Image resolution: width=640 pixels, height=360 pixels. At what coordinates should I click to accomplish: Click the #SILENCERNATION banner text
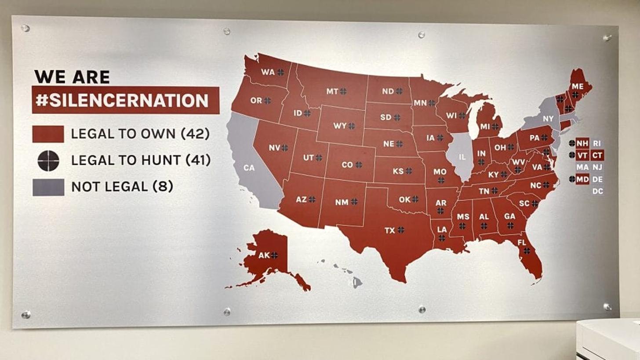point(122,100)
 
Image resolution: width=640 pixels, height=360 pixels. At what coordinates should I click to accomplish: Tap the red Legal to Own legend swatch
point(48,134)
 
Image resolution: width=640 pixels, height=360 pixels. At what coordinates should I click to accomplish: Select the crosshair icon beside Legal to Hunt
point(48,160)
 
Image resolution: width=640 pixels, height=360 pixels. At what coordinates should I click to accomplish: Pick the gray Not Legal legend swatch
point(48,187)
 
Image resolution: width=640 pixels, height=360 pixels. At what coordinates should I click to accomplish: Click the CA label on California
point(249,167)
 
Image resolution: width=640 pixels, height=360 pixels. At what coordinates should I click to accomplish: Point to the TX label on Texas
point(390,230)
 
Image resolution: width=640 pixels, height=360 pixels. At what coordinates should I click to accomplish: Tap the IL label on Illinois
point(462,156)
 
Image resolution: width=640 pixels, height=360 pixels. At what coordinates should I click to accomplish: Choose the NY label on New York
point(548,119)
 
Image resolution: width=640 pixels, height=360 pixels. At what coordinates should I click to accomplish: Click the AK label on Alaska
point(264,255)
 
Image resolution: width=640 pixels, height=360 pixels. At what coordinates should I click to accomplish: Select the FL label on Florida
point(522,242)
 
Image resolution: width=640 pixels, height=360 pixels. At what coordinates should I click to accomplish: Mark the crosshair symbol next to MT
point(343,91)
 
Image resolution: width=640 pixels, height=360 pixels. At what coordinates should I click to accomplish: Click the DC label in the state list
point(597,191)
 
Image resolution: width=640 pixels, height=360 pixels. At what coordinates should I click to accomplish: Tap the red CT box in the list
point(597,155)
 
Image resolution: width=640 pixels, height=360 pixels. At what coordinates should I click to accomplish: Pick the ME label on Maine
point(578,87)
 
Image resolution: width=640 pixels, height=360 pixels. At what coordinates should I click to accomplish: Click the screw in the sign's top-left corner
point(25,28)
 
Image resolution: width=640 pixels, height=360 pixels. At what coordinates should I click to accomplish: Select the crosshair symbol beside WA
point(280,72)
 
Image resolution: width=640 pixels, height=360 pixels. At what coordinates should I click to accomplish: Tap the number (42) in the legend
point(195,134)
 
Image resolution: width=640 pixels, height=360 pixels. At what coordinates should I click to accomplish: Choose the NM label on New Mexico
point(342,202)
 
